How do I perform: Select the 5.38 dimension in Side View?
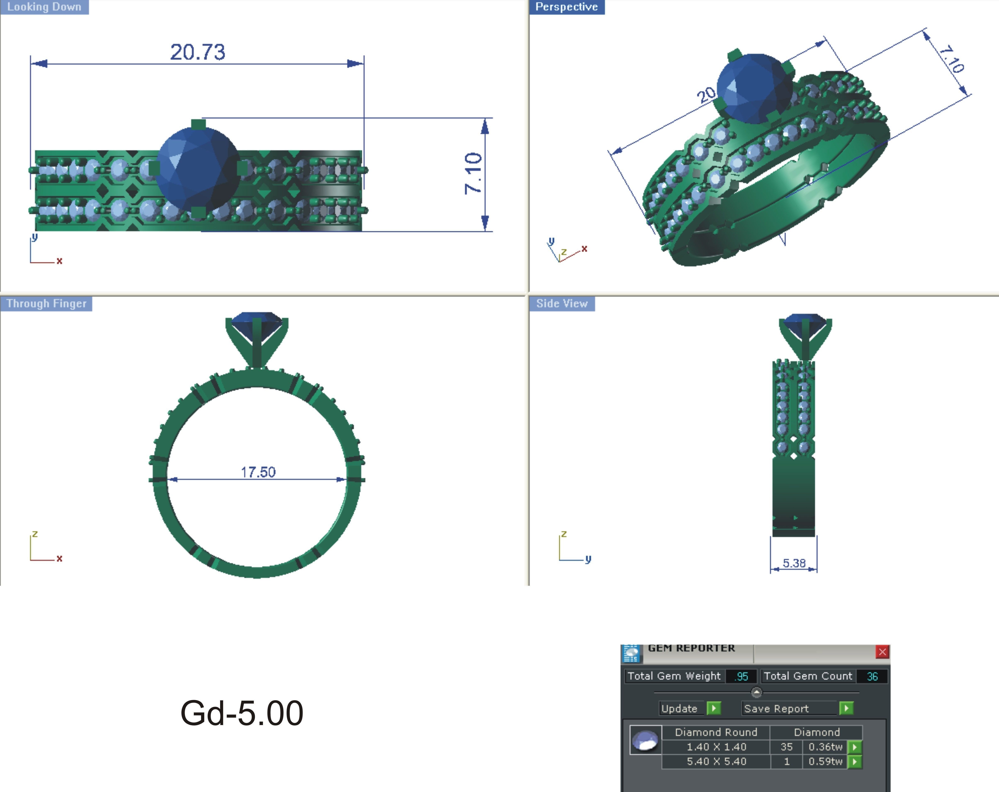click(794, 563)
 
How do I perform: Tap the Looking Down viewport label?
click(44, 7)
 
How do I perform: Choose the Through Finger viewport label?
click(46, 303)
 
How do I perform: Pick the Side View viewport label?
click(562, 303)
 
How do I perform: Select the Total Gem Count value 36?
click(872, 676)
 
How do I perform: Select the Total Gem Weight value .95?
click(741, 676)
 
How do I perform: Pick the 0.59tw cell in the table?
click(825, 761)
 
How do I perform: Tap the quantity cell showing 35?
click(786, 747)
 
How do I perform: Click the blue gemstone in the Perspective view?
click(754, 89)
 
